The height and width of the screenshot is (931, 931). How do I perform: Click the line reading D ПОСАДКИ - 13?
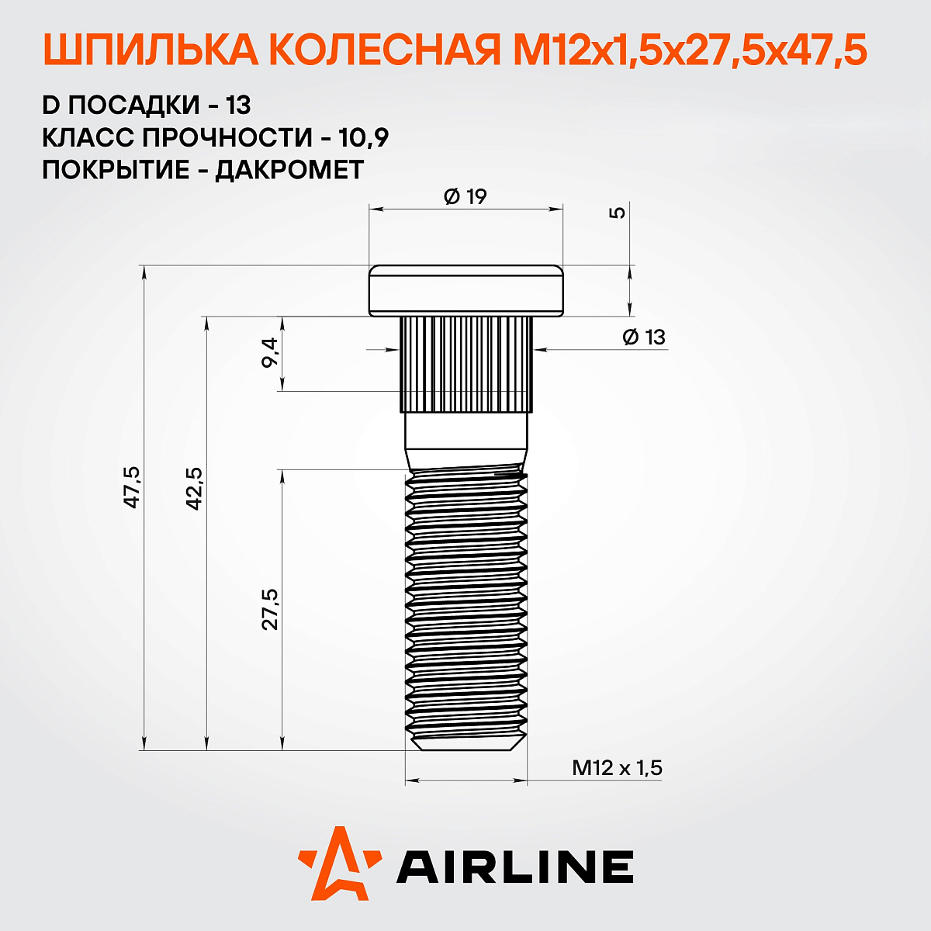click(x=147, y=105)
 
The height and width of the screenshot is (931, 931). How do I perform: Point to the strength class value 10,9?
click(x=364, y=137)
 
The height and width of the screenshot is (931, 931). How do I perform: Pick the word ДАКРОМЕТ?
click(x=289, y=170)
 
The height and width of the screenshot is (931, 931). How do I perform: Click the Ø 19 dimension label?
click(x=465, y=196)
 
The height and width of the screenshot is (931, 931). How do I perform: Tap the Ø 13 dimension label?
click(x=644, y=337)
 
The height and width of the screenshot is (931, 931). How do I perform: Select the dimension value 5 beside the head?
click(x=618, y=212)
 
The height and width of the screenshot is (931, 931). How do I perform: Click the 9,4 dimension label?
click(x=270, y=353)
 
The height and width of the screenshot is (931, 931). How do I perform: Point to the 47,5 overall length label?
click(x=131, y=487)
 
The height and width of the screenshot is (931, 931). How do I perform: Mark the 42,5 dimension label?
click(x=193, y=487)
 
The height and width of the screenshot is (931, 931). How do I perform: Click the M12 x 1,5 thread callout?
click(x=617, y=768)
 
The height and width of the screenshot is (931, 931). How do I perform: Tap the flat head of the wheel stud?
click(x=465, y=291)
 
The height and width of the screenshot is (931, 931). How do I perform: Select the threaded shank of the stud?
click(x=466, y=605)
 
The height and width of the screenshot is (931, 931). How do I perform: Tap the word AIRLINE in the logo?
click(x=515, y=867)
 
